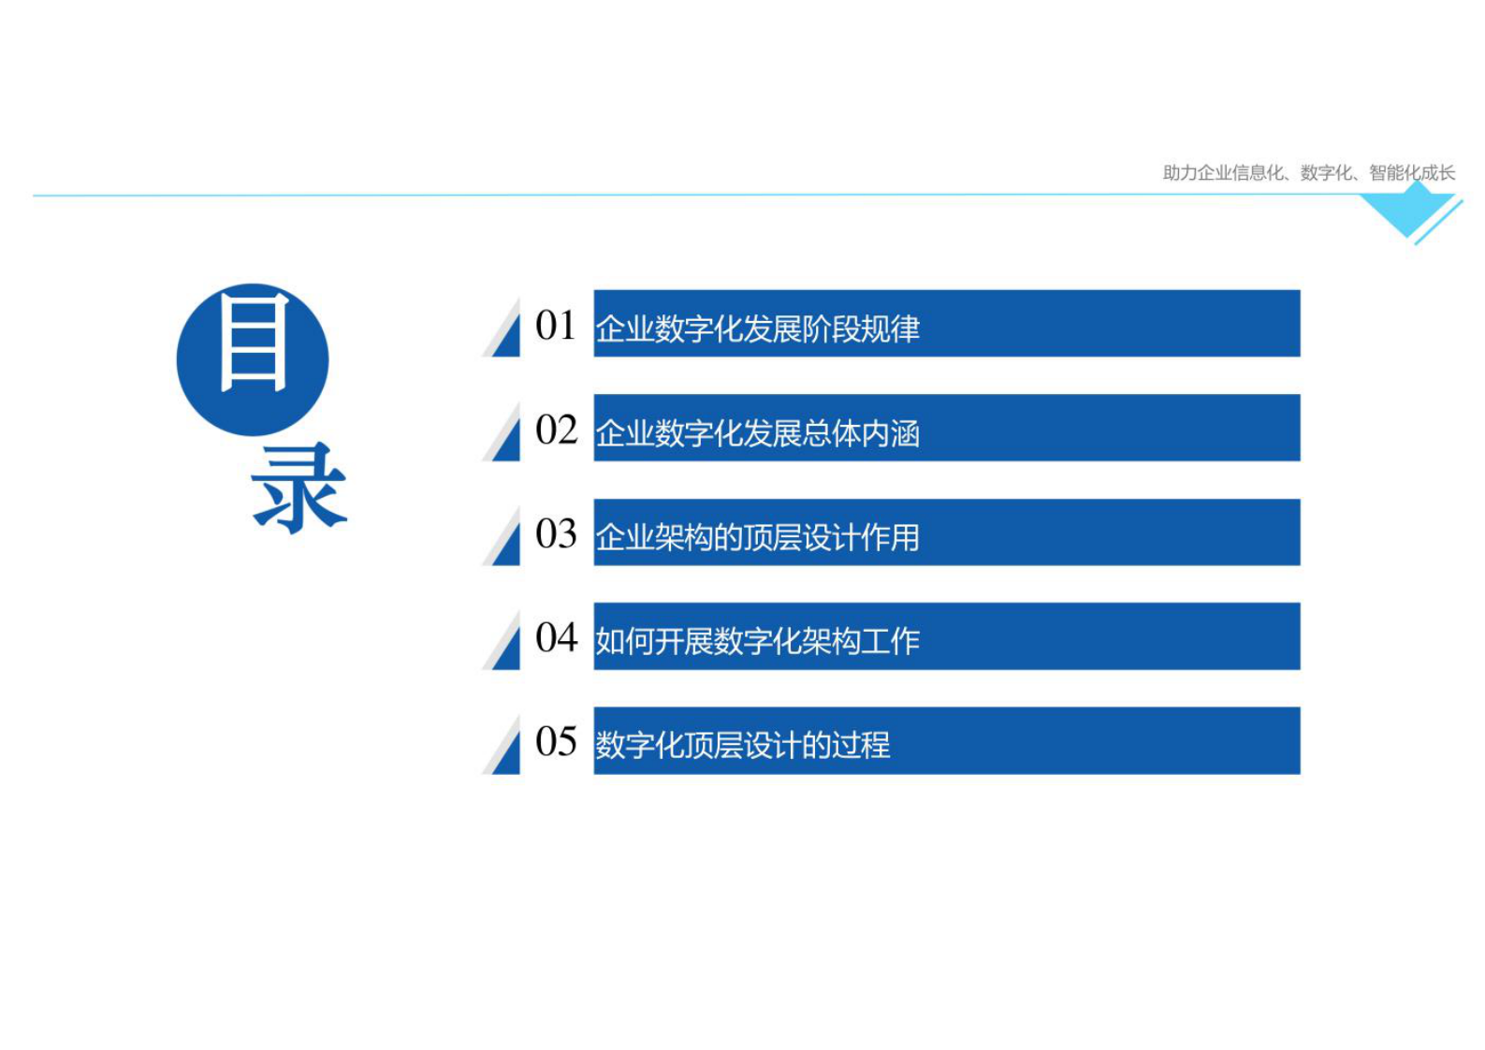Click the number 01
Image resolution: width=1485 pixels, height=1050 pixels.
click(x=555, y=326)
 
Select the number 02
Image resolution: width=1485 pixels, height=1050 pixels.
click(x=556, y=430)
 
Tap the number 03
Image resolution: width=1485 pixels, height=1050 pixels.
click(x=556, y=534)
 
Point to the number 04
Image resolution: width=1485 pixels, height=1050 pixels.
click(x=556, y=638)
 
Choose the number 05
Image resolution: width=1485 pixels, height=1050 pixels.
click(x=556, y=742)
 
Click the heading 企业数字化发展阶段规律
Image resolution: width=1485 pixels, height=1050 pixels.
click(x=757, y=328)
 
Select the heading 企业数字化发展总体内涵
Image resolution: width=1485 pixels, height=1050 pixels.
click(x=757, y=433)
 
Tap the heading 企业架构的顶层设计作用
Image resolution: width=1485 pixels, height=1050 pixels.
click(x=757, y=537)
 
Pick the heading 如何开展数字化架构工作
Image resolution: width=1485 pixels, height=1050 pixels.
click(x=757, y=641)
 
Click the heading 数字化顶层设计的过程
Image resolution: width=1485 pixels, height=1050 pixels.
click(x=742, y=745)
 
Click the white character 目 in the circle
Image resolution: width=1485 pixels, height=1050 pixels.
click(x=253, y=342)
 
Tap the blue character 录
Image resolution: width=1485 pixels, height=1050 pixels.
click(x=298, y=488)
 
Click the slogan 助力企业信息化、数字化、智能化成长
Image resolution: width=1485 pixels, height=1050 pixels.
click(x=1308, y=172)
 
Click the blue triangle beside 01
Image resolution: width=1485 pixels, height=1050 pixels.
click(x=508, y=337)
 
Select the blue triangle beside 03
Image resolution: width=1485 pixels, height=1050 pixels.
click(x=508, y=546)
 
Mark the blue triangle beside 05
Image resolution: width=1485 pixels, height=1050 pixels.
click(x=508, y=754)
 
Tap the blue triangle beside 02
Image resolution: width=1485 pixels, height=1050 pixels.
click(x=508, y=442)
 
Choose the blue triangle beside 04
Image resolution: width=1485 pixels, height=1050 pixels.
click(x=508, y=649)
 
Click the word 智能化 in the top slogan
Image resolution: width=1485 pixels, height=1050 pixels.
click(x=1394, y=172)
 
